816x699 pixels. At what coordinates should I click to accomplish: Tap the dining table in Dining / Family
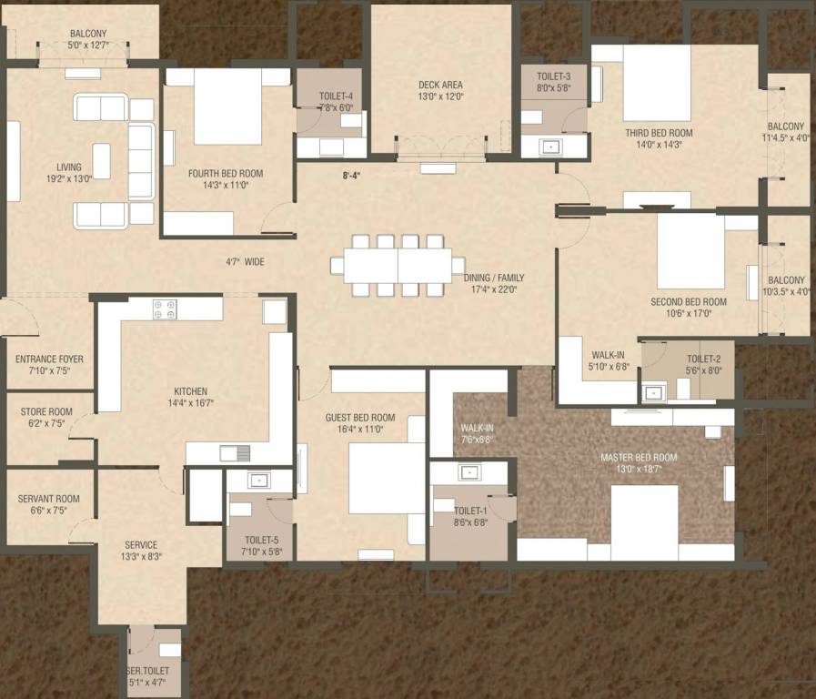point(398,265)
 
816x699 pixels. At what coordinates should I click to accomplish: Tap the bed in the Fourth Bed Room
point(227,106)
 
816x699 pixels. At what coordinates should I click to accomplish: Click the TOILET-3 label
point(553,76)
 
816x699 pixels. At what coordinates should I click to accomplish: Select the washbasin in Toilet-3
point(552,146)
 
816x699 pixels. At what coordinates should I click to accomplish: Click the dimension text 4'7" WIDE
point(245,261)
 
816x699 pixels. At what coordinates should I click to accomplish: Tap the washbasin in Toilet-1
point(469,472)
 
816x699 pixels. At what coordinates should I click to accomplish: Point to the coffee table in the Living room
point(101,161)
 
